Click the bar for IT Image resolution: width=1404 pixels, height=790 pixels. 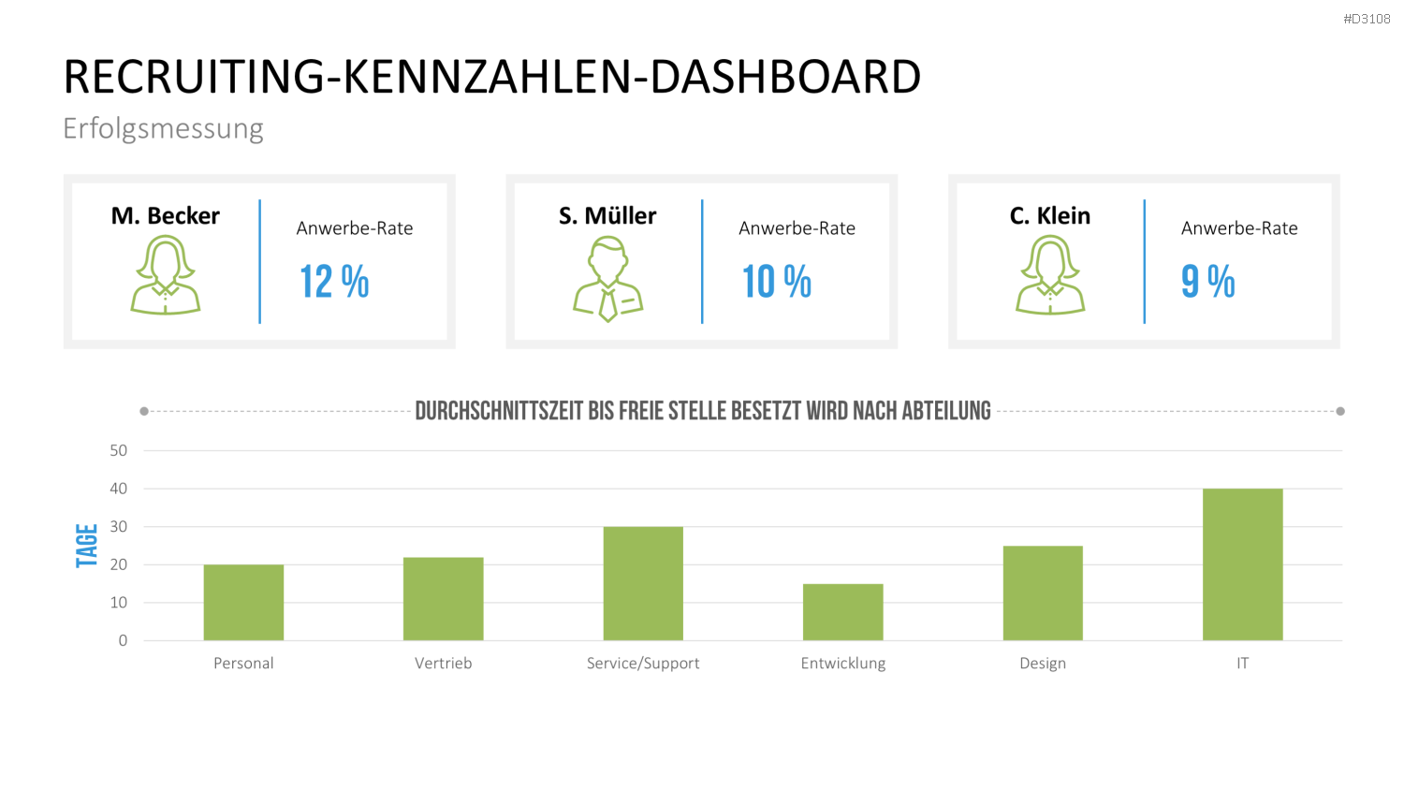coord(1242,564)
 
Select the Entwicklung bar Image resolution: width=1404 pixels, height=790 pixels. coord(843,612)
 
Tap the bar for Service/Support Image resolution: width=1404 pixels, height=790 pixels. coord(643,583)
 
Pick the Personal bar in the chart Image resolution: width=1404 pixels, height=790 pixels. coord(243,603)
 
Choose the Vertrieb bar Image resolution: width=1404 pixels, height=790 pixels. coord(443,599)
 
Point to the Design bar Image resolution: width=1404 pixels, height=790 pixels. coord(1043,593)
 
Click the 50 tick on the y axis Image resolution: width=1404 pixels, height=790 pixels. coord(119,450)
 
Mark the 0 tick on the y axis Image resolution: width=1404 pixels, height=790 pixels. coord(123,640)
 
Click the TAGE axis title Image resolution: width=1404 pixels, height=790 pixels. coord(87,546)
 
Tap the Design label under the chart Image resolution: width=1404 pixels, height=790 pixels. coord(1043,664)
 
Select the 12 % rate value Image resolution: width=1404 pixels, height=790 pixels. coord(335,282)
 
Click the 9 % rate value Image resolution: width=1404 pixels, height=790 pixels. coord(1207,282)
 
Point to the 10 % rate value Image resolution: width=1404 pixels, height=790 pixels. coord(777,282)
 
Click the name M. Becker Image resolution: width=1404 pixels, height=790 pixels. coord(166,215)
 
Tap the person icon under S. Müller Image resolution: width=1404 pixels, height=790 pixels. coord(608,279)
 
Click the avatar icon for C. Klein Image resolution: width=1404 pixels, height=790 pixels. coord(1050,274)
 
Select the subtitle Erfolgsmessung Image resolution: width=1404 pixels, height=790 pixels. coord(163,129)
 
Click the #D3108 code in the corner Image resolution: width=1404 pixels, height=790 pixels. coord(1367,19)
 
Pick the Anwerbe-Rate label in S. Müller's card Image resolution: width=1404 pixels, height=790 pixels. coord(797,228)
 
